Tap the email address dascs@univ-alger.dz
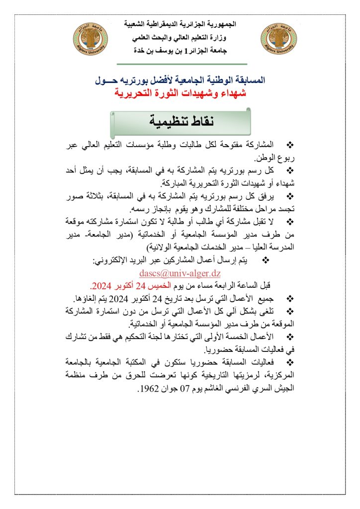point(180,273)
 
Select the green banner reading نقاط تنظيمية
point(180,121)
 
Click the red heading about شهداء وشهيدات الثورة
point(180,92)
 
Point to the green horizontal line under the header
point(182,64)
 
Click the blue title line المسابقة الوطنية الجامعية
point(180,80)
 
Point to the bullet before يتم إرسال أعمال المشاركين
point(265,260)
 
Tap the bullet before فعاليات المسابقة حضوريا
point(291,363)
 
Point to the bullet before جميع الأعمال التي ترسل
point(291,298)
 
